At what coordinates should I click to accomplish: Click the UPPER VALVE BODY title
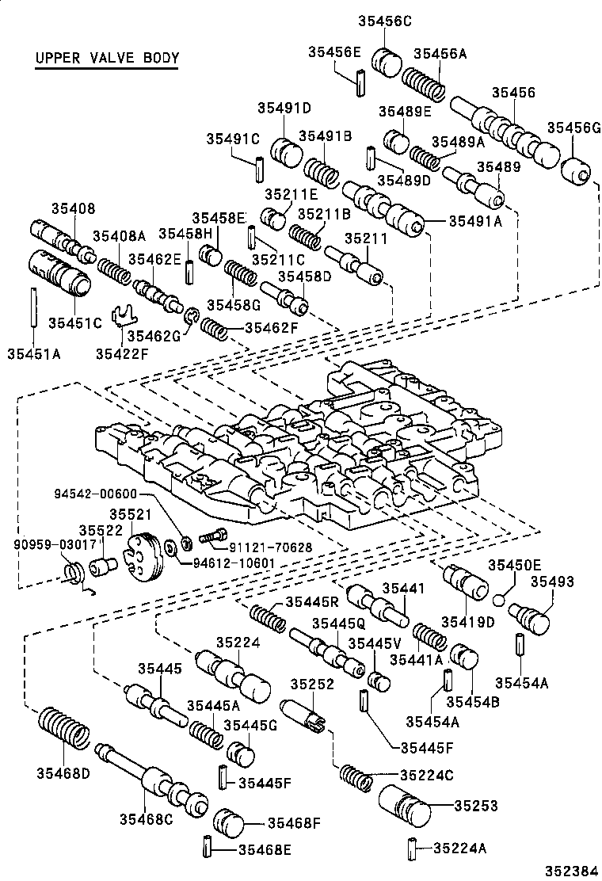click(x=107, y=59)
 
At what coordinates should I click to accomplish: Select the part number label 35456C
click(x=387, y=23)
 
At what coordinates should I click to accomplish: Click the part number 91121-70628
click(x=261, y=546)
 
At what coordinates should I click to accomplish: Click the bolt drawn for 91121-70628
click(x=211, y=538)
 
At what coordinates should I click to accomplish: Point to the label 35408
click(x=73, y=209)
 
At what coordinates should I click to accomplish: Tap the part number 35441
click(x=404, y=588)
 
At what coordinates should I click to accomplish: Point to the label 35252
click(x=311, y=684)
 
